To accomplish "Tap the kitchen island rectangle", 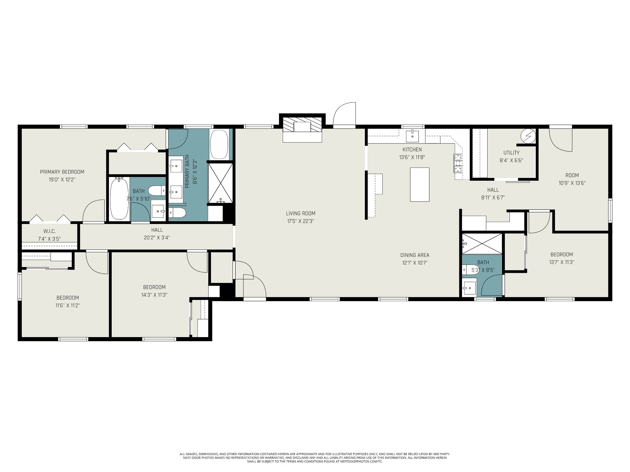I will pos(420,184).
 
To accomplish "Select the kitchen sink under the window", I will pos(412,136).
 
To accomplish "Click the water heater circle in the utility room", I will pos(528,136).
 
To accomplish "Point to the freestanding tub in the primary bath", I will pos(219,144).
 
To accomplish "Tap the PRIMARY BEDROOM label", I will pos(62,172).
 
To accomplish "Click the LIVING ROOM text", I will pos(301,213).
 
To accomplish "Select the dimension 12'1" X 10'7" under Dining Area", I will pos(415,263).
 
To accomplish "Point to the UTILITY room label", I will pos(511,153).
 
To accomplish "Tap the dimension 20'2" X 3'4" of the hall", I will pos(157,238).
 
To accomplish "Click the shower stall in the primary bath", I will pos(220,183).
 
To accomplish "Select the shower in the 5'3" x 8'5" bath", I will pos(482,244).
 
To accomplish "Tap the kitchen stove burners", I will pos(458,163).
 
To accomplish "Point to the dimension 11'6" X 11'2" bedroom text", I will pos(68,305).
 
